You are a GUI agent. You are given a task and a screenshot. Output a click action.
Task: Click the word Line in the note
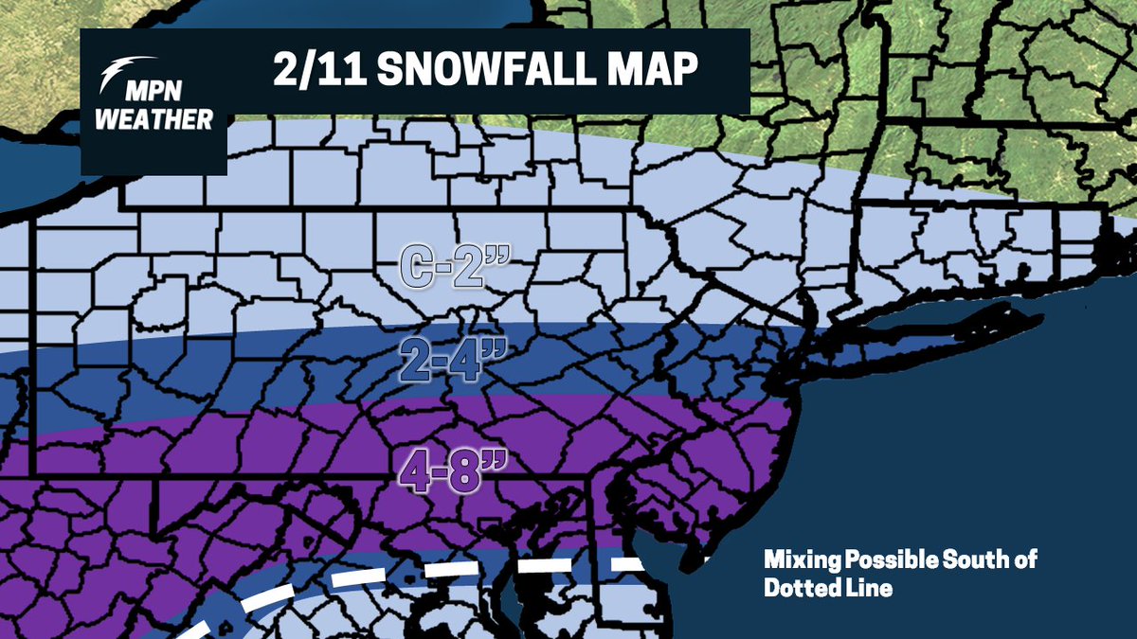point(870,588)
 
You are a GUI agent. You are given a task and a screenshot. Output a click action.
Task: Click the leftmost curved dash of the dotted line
point(204,626)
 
